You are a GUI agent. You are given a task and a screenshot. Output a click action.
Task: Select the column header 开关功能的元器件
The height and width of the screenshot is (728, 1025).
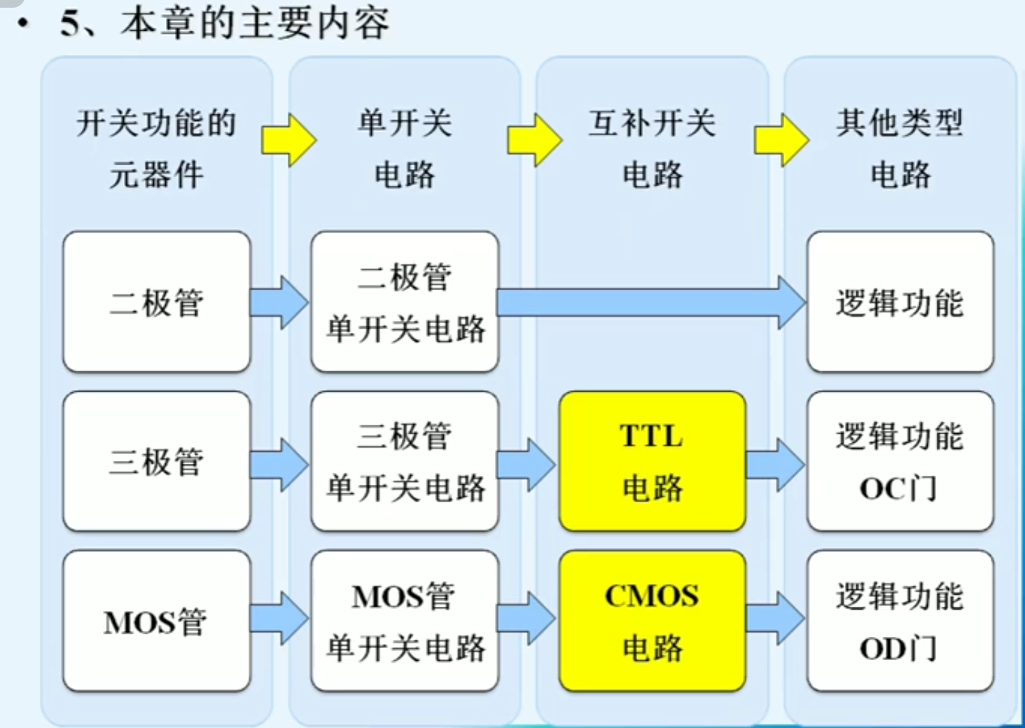click(x=156, y=149)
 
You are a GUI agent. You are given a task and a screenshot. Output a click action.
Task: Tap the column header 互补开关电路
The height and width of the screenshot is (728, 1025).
click(x=652, y=149)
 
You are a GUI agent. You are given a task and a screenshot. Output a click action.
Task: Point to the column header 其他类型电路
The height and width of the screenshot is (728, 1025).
click(x=900, y=149)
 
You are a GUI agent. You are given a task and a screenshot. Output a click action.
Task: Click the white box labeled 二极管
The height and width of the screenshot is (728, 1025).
click(x=157, y=302)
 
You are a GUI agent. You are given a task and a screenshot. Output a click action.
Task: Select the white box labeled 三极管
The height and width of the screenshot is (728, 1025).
click(x=157, y=461)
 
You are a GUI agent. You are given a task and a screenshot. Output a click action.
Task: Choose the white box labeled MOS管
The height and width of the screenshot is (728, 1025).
click(x=157, y=621)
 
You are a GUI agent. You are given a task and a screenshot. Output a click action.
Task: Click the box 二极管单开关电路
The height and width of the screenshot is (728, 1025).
click(x=405, y=302)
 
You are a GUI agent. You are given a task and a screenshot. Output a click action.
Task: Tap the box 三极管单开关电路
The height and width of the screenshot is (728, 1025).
click(x=405, y=461)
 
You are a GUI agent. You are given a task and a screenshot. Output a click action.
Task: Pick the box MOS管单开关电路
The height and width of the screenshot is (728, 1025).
click(x=405, y=621)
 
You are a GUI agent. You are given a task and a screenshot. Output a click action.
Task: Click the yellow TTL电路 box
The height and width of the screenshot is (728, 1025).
click(x=652, y=461)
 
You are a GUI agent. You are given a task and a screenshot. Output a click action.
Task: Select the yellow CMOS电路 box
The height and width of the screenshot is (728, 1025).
click(x=652, y=621)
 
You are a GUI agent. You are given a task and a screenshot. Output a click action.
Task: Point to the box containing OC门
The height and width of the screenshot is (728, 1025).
click(x=900, y=461)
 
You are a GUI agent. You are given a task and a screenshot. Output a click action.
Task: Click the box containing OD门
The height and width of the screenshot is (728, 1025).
click(x=900, y=621)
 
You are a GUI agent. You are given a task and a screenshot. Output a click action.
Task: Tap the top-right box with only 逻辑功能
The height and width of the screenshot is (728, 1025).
click(x=900, y=302)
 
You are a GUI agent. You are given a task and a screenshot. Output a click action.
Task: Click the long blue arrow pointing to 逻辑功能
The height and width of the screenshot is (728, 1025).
click(x=651, y=303)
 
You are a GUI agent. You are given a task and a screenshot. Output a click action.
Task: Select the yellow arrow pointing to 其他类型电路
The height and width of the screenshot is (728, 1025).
click(x=781, y=140)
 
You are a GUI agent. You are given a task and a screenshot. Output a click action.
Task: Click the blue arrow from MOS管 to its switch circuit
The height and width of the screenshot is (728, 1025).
click(x=279, y=618)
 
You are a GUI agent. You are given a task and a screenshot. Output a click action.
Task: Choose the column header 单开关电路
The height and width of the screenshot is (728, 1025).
click(x=405, y=149)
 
